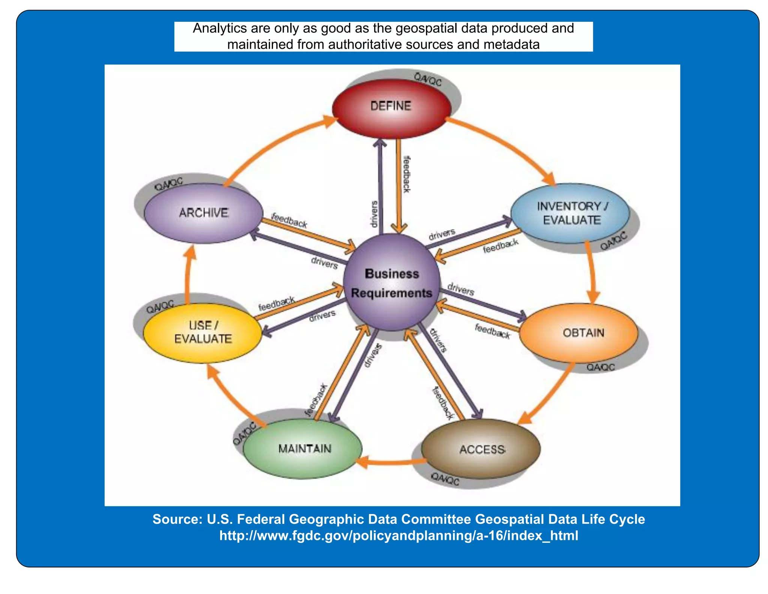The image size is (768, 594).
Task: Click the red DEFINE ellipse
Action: pos(391,108)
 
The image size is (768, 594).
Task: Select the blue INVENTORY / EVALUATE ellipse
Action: pos(570,213)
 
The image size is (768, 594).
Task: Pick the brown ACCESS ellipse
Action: pos(481,449)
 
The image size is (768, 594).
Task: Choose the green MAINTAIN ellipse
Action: pos(303,449)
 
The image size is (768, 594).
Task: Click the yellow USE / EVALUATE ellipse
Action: pos(203,333)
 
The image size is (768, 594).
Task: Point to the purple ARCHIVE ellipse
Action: pos(204,213)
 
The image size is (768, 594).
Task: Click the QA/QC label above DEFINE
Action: pos(428,79)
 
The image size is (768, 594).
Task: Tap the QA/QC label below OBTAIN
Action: pos(600,367)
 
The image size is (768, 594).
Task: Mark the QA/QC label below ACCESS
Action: pos(445,479)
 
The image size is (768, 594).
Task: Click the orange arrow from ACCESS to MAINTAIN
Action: pos(390,462)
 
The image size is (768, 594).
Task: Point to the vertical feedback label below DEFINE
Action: pos(406,174)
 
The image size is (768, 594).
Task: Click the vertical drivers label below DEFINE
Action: pos(374,214)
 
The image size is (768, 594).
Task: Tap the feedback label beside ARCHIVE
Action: pos(289,220)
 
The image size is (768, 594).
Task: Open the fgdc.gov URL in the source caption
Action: pos(399,535)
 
